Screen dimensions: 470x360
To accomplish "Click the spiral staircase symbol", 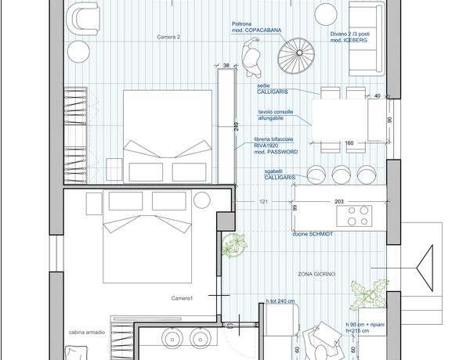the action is tap(296, 56).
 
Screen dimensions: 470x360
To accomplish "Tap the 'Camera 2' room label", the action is tap(168, 37).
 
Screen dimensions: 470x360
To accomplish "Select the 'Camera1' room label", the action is tap(182, 298).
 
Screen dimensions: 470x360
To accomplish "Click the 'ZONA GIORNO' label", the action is tap(316, 274).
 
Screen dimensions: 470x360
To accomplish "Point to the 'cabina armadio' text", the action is tap(87, 332).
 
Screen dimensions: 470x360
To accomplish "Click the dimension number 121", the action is tap(263, 202).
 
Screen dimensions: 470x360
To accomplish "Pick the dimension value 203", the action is tap(339, 202).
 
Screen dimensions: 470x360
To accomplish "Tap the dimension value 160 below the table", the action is tap(349, 143).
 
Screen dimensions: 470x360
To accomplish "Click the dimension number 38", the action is tap(226, 65).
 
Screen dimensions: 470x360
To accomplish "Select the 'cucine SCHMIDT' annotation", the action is tap(313, 234).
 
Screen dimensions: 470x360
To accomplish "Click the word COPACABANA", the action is tap(263, 31).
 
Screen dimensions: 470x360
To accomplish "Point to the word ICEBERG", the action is tap(355, 40).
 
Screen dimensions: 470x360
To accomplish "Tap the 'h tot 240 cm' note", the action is tap(280, 301).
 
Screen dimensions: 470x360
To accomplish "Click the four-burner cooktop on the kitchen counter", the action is tap(354, 216).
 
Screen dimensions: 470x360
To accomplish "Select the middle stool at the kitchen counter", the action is tap(341, 175).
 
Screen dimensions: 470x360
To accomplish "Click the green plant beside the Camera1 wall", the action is tap(234, 245).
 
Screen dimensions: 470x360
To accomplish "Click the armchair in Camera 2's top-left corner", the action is tap(83, 19).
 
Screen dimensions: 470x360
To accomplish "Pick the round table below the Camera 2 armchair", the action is tap(78, 52).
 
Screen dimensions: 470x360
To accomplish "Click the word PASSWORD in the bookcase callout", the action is tap(282, 152).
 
